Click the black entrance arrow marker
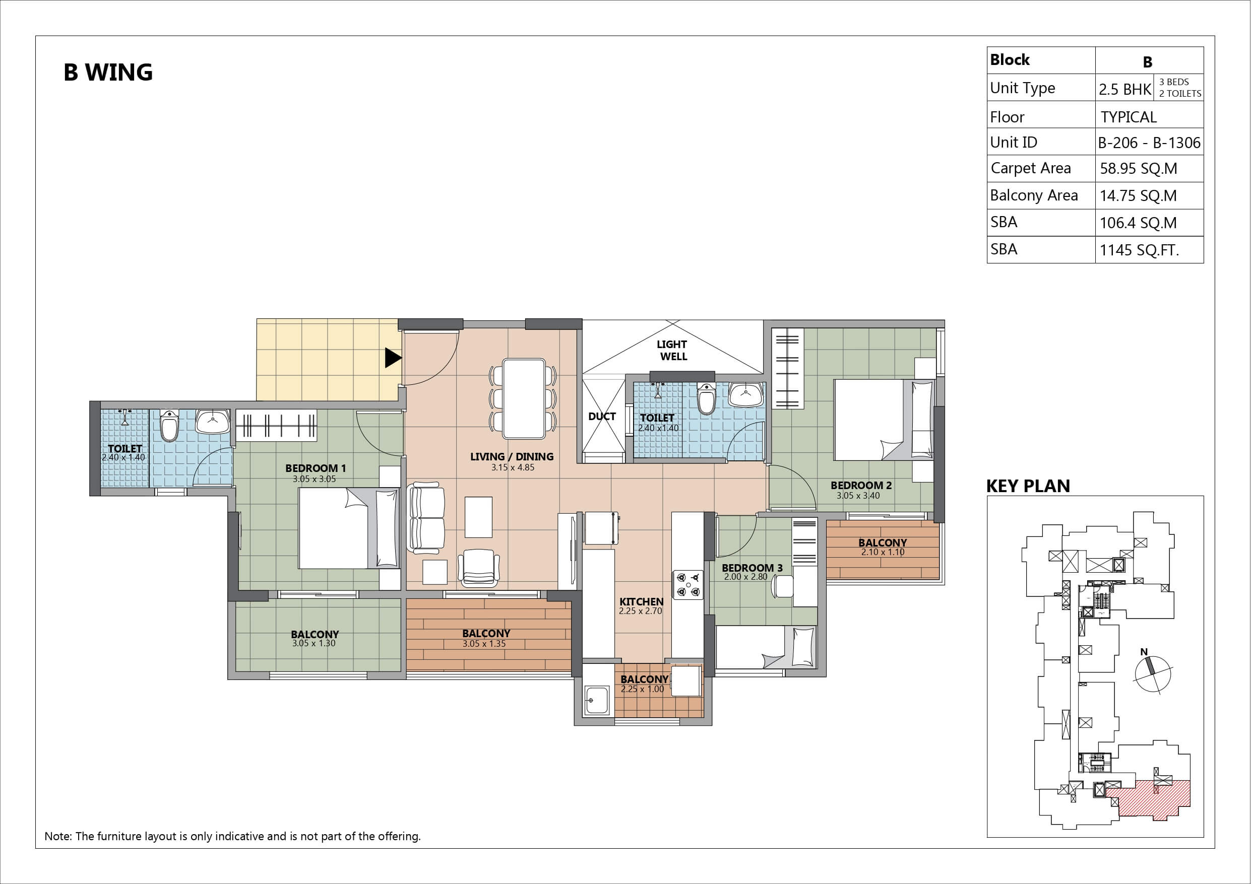point(393,358)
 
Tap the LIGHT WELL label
point(672,350)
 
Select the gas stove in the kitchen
point(687,584)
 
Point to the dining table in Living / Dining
point(524,398)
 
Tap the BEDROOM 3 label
point(752,568)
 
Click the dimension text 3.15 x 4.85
point(513,467)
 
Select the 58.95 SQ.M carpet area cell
point(1139,168)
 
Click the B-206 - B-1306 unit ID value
point(1149,143)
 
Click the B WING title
point(108,72)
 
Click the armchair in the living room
point(478,568)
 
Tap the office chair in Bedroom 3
point(782,585)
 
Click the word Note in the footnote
point(56,836)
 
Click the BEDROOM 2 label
point(861,485)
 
